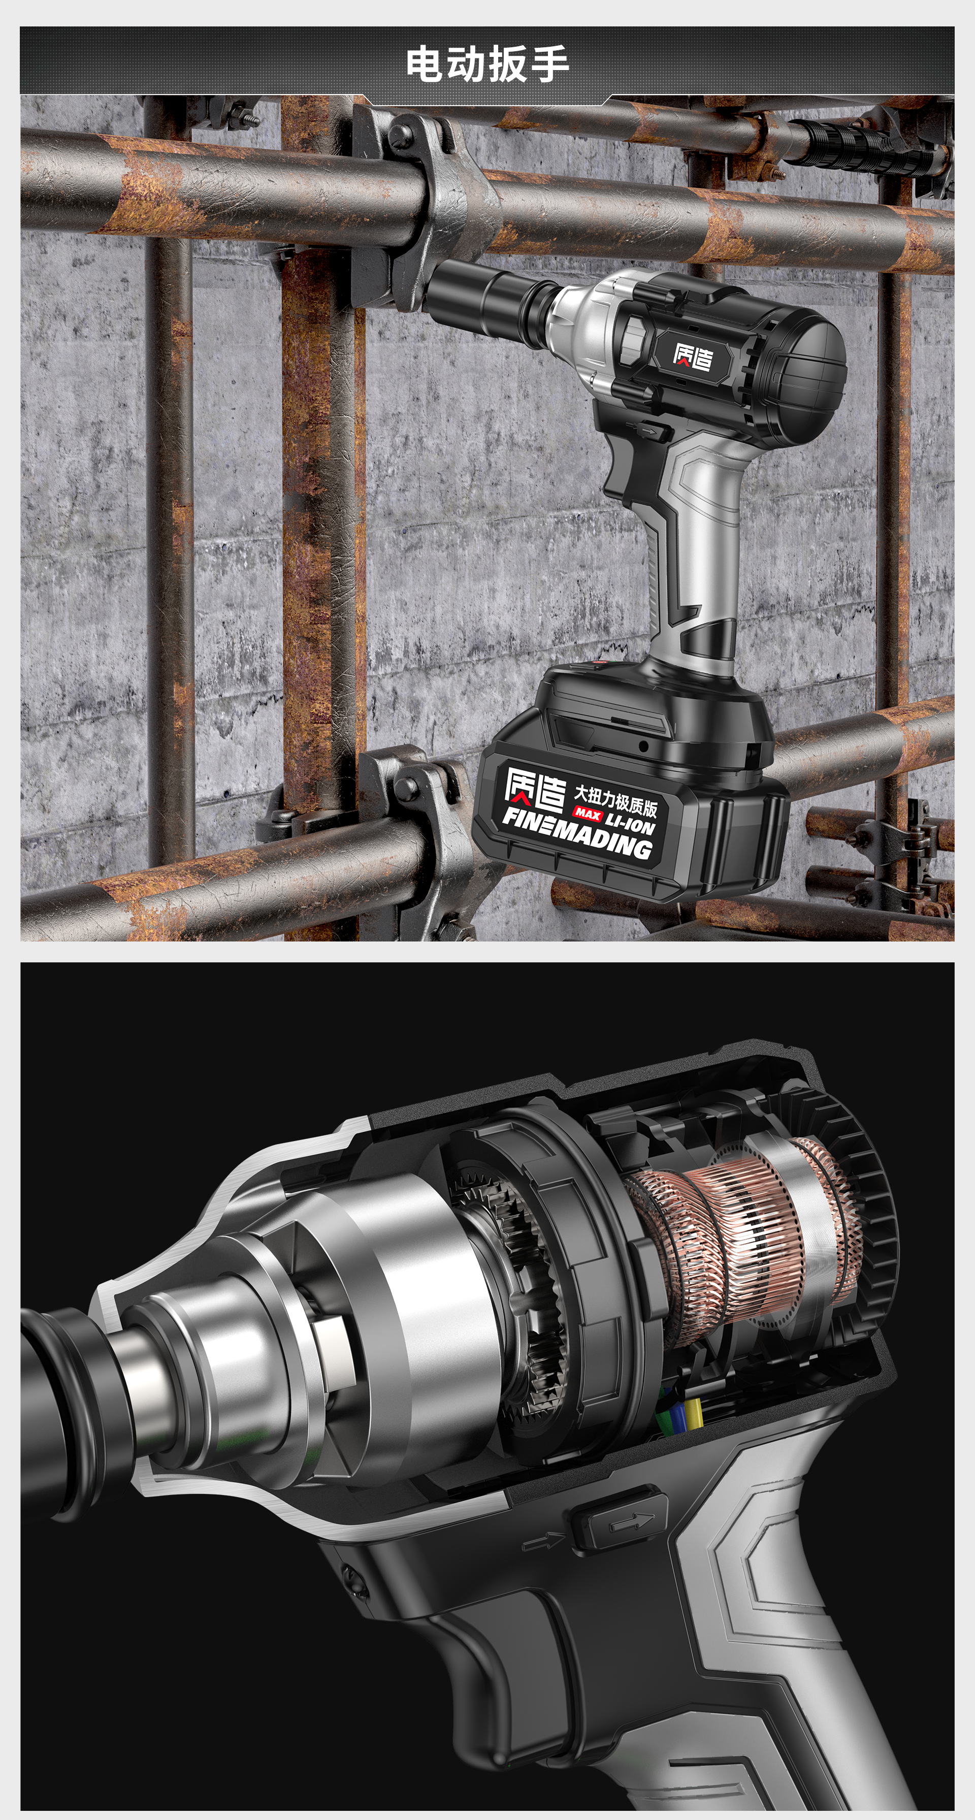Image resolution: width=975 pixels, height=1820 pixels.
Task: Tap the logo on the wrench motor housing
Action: (x=692, y=357)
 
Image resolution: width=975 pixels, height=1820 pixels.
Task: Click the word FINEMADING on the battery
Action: (x=576, y=834)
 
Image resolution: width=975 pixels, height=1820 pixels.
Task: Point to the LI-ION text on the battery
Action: (x=630, y=822)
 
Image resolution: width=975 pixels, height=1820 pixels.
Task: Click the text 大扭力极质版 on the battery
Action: (x=614, y=798)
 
